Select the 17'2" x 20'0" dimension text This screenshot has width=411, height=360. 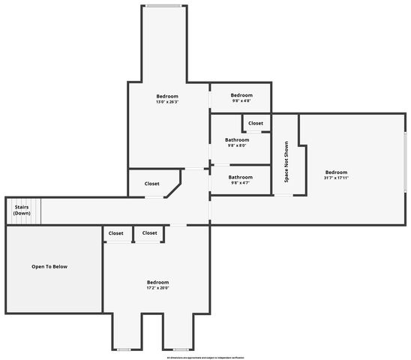(x=157, y=287)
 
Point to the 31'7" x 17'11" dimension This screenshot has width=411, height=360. (x=335, y=178)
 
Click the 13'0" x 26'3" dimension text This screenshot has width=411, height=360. (x=167, y=101)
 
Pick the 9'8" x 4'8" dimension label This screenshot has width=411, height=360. (x=241, y=100)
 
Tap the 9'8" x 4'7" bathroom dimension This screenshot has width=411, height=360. (x=240, y=182)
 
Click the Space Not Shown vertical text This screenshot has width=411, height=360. (x=286, y=163)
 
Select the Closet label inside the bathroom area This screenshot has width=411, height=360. (x=256, y=123)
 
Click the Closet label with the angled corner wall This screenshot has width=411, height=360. (x=151, y=183)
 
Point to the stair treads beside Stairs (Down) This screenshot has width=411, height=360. (x=34, y=211)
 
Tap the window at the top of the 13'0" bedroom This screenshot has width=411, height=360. (x=163, y=6)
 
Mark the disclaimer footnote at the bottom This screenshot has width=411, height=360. (x=205, y=357)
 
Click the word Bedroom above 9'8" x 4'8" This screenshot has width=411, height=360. (x=241, y=95)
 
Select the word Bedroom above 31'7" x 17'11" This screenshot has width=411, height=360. (x=335, y=172)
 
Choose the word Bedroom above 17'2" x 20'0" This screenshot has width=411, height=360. (x=157, y=282)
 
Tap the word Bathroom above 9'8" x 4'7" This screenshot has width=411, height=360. (x=240, y=177)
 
